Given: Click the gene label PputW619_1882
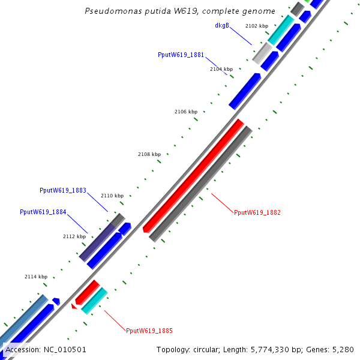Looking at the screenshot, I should pyautogui.click(x=257, y=212).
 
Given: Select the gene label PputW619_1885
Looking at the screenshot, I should pyautogui.click(x=149, y=331).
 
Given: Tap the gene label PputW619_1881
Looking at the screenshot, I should pyautogui.click(x=181, y=55).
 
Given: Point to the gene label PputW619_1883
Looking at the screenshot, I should pyautogui.click(x=63, y=190).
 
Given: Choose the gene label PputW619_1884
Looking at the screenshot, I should pyautogui.click(x=43, y=212).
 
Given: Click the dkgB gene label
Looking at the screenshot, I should pyautogui.click(x=222, y=26).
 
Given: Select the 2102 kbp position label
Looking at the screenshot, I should pyautogui.click(x=257, y=26).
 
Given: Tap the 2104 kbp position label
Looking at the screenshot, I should pyautogui.click(x=221, y=70).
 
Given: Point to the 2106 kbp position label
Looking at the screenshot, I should pyautogui.click(x=186, y=112).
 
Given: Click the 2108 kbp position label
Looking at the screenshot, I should pyautogui.click(x=149, y=154).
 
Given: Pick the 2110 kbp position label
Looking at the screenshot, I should pyautogui.click(x=112, y=196).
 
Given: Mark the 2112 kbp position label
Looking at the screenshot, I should pyautogui.click(x=74, y=236).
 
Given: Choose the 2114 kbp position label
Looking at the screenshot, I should pyautogui.click(x=36, y=277).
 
